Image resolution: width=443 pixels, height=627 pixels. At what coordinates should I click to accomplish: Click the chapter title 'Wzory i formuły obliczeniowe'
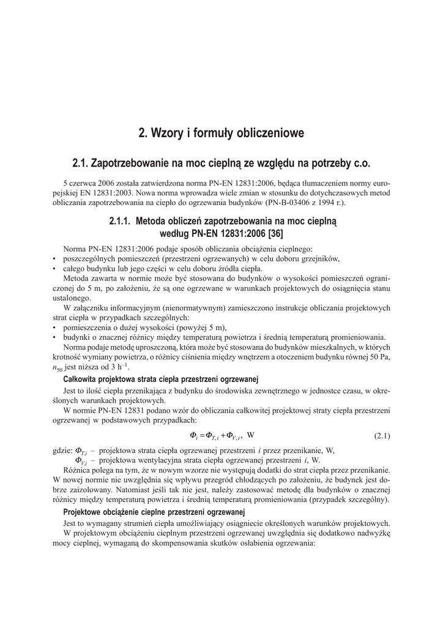tap(221, 133)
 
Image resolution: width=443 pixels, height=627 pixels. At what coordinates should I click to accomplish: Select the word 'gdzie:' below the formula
tap(63, 451)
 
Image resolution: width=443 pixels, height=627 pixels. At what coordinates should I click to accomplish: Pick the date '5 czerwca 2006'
tap(89, 182)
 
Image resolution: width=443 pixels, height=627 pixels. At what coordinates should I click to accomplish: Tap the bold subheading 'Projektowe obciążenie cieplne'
tap(154, 512)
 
